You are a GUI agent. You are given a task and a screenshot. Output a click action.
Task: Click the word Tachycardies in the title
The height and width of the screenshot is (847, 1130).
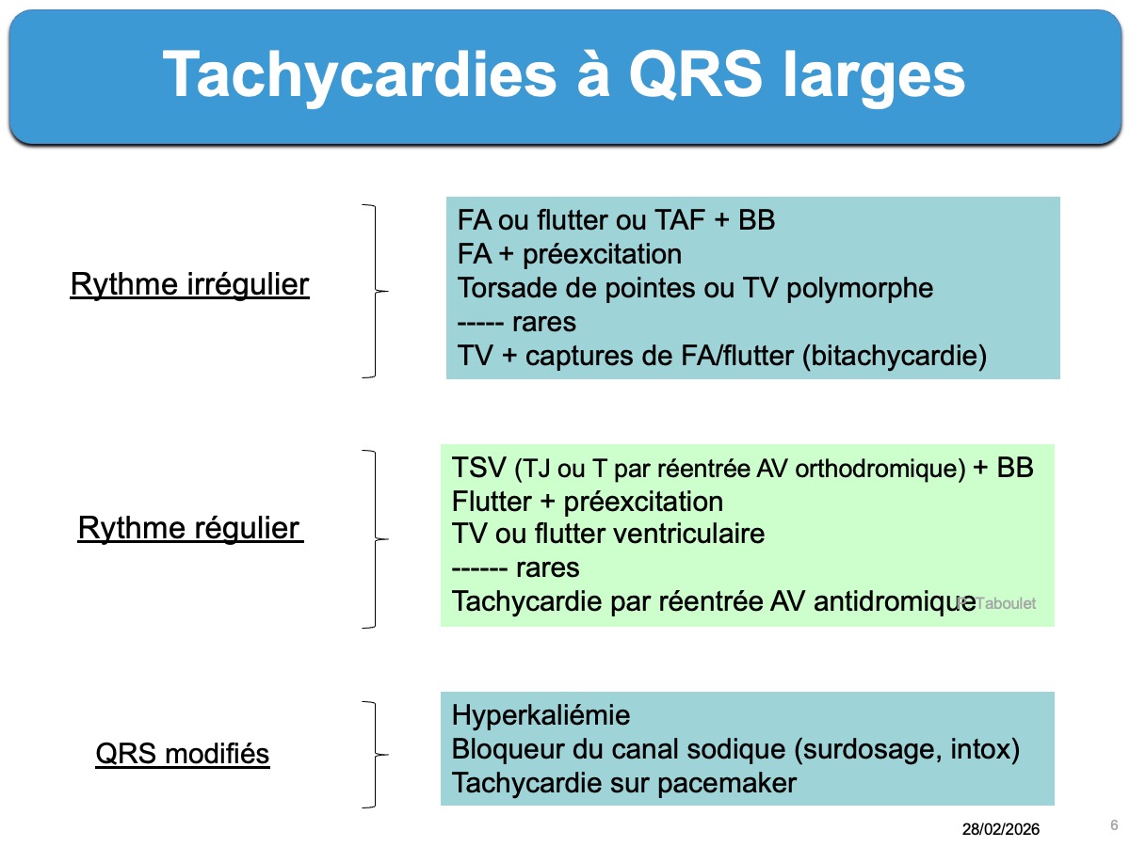click(360, 76)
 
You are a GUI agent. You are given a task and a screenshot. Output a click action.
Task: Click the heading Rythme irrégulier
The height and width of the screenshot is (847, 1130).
click(189, 284)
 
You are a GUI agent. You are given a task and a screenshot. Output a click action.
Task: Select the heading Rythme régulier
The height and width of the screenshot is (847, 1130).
click(190, 528)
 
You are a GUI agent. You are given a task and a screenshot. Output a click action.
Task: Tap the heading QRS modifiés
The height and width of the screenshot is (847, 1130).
click(183, 754)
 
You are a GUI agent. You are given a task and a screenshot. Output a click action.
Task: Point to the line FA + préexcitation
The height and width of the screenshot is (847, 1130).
click(570, 254)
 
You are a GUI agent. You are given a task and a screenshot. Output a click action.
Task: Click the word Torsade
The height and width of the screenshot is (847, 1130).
click(507, 287)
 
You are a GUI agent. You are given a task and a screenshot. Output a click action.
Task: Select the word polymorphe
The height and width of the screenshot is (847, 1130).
click(859, 289)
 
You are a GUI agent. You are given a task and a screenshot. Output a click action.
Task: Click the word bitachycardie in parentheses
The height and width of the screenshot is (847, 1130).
click(895, 357)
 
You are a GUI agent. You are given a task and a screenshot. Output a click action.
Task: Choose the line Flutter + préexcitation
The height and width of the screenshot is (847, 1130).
click(587, 502)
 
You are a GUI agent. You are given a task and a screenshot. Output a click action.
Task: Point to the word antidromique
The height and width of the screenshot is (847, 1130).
click(895, 601)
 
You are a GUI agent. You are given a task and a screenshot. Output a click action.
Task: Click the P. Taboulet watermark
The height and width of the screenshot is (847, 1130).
click(995, 603)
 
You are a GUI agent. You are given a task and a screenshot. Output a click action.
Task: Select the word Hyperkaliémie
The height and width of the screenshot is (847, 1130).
click(541, 716)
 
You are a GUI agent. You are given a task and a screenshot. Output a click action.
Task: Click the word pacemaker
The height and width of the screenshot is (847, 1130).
click(726, 784)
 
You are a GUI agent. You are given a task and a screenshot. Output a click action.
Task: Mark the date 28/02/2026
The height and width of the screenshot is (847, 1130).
click(1000, 829)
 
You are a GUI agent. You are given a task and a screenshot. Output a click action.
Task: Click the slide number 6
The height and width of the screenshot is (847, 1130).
click(1114, 825)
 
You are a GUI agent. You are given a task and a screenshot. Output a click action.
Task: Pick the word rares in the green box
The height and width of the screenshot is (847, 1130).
click(547, 568)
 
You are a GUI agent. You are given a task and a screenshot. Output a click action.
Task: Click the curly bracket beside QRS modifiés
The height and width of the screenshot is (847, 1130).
click(376, 755)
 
